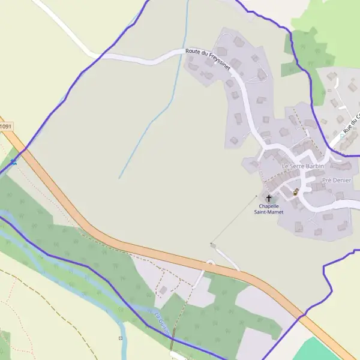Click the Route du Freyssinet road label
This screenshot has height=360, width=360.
pyautogui.click(x=208, y=61)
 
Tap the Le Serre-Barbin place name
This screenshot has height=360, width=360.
pyautogui.click(x=302, y=166)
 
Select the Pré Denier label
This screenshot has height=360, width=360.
pyautogui.click(x=337, y=180)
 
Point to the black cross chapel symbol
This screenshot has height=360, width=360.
pyautogui.click(x=269, y=198)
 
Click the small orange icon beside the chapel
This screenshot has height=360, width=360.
pyautogui.click(x=296, y=192)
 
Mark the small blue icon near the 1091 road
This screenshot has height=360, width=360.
pyautogui.click(x=13, y=161)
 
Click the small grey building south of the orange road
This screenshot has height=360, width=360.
pyautogui.click(x=163, y=290)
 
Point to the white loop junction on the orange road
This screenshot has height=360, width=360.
pyautogui.click(x=210, y=263)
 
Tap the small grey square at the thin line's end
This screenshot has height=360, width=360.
pyautogui.click(x=212, y=244)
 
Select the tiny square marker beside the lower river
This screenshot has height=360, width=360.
pyautogui.click(x=120, y=338)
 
